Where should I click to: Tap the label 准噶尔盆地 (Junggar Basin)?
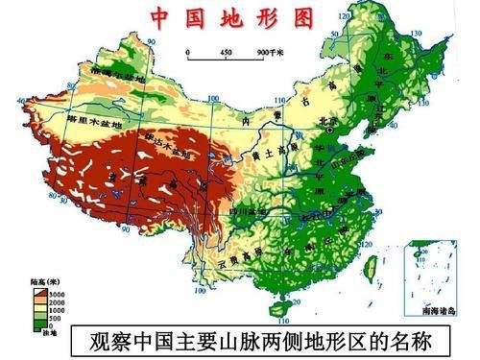115,74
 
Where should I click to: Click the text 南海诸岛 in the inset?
443,311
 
